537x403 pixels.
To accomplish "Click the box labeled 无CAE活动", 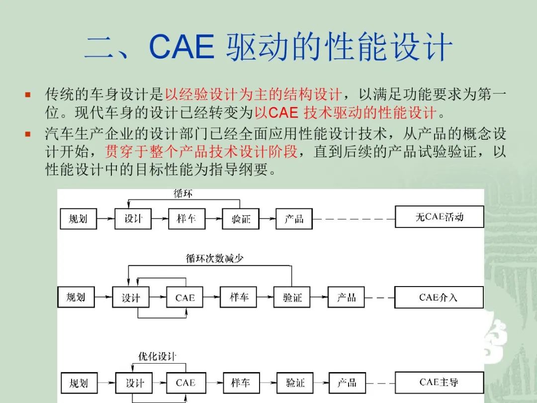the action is (440, 216).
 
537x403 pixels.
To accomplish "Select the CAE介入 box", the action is (439, 297).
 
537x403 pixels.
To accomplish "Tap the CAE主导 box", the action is (440, 383).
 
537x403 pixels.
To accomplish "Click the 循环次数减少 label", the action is (214, 258).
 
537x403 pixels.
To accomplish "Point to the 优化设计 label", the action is (157, 356).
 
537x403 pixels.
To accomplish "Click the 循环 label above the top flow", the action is (183, 194).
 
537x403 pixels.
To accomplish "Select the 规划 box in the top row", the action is (79, 218).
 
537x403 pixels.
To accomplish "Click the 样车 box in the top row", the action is (186, 218).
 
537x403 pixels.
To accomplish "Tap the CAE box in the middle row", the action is (184, 297).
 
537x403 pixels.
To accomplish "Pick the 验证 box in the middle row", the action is (292, 297).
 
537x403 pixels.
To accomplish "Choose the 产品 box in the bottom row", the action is (347, 383).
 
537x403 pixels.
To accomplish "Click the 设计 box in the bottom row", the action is (134, 383).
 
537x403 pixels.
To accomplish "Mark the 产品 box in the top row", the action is (294, 218).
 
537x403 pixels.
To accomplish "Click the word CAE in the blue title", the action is (182, 47).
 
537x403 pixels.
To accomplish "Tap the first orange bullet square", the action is (28, 95).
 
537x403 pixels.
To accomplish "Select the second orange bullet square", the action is (28, 134).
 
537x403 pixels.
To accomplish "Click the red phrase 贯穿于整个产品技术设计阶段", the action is (201, 151).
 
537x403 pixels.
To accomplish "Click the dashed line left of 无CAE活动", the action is (354, 219).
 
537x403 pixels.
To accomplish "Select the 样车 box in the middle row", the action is (238, 297).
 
